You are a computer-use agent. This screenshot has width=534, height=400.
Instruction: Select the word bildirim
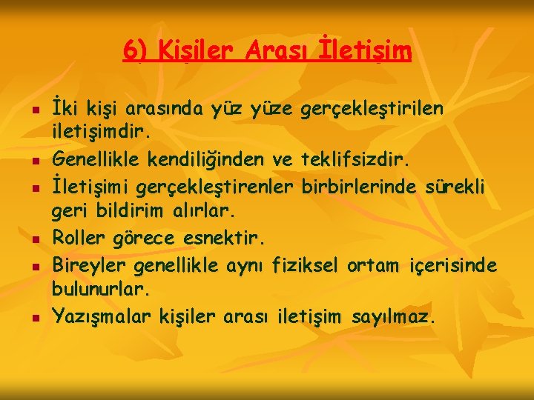point(127,211)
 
